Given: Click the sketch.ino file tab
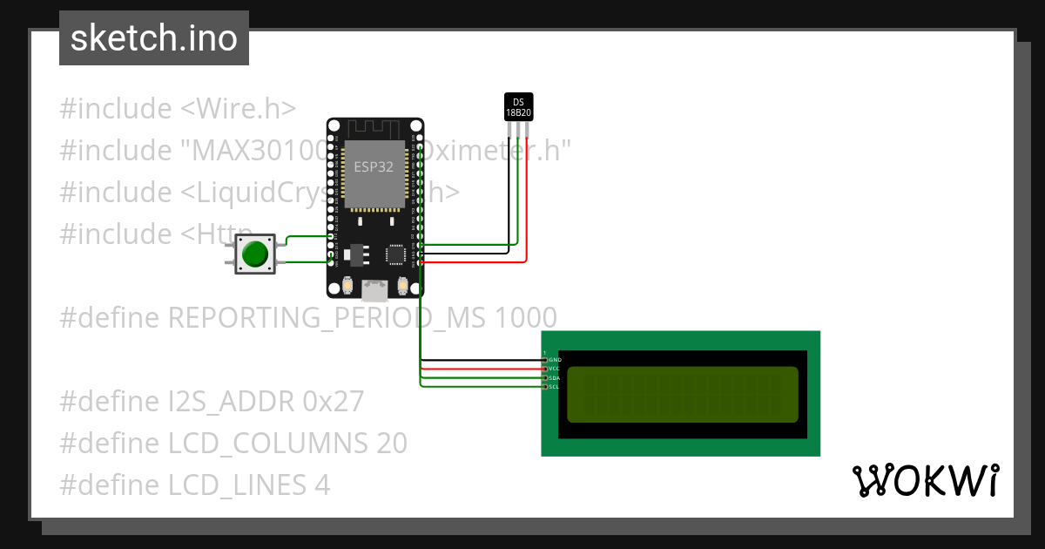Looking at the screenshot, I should pos(154,38).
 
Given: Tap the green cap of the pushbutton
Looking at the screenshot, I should pos(255,254).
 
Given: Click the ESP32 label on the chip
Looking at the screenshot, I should pos(373,167).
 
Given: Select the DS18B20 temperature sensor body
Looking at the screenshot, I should pos(519,106).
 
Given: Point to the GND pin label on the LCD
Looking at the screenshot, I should pos(555,360).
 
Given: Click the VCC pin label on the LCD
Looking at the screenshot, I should pos(555,369).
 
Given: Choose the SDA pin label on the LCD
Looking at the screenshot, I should pos(555,378).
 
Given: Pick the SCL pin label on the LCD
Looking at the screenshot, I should pos(555,387).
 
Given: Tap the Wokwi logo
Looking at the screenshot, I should pos(925,481).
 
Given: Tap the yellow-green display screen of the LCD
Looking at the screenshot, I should pos(683,394).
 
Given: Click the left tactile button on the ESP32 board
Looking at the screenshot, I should pos(347,285).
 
